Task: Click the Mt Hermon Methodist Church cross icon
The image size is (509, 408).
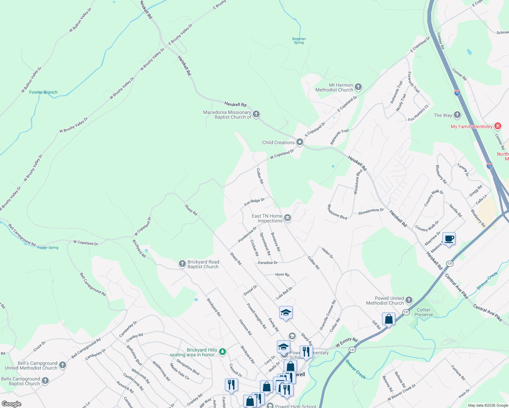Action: (x=358, y=87)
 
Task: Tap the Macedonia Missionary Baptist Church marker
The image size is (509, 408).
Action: (x=256, y=114)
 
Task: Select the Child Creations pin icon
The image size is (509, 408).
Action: (x=300, y=142)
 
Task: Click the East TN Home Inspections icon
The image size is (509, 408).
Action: (x=288, y=218)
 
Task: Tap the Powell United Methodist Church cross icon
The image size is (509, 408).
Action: (x=409, y=300)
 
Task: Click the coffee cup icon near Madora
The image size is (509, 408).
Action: (x=449, y=239)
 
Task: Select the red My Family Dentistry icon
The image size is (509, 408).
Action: (x=498, y=126)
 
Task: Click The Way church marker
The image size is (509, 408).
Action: (x=457, y=115)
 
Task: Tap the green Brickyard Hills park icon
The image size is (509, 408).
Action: (x=223, y=352)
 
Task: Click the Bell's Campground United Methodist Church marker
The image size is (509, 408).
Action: (x=62, y=365)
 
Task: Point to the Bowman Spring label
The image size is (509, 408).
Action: (x=299, y=41)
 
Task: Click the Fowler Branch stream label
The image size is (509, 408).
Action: (x=43, y=92)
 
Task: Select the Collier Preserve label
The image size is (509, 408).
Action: (x=424, y=312)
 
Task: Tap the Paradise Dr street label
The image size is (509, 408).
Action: (x=268, y=263)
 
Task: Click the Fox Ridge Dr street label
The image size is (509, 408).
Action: (x=254, y=202)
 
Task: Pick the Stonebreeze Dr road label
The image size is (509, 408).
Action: (x=371, y=211)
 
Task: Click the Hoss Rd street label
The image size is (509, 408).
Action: (x=282, y=274)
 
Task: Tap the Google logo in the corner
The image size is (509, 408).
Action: (x=12, y=404)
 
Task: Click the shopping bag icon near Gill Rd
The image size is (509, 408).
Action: (x=389, y=319)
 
